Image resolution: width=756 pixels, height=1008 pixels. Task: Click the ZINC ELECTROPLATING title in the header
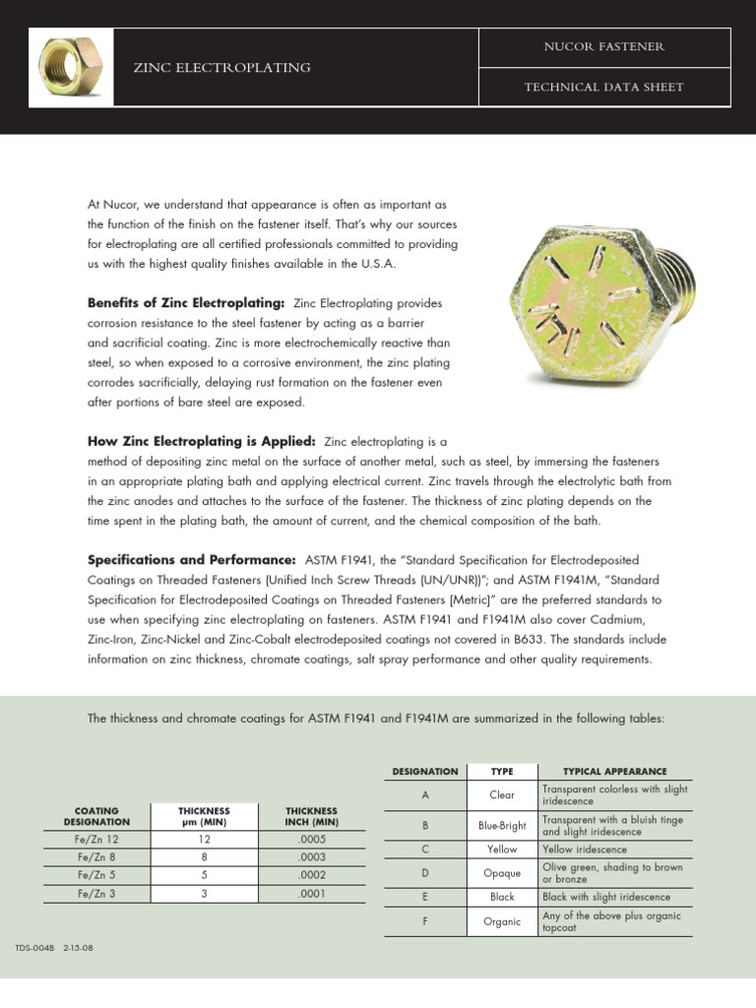coord(221,68)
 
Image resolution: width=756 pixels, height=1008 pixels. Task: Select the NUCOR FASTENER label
coord(604,47)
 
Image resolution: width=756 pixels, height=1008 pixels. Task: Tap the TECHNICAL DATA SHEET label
coord(604,87)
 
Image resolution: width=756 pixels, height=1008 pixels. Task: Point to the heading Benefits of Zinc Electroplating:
coord(186,302)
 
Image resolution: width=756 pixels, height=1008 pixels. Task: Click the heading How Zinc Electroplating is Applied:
coord(202,441)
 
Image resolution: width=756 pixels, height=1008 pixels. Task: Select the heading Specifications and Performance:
coord(192,559)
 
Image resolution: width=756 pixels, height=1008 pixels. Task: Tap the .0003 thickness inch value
coord(312,857)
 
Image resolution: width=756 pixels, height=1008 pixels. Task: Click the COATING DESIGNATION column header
coord(96,816)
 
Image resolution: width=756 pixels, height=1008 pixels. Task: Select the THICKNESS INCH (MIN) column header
coord(312,816)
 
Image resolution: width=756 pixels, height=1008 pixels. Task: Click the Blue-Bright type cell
coord(502,826)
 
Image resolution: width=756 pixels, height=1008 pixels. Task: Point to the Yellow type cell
coord(502,849)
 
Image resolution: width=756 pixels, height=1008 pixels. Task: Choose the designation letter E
coord(424,897)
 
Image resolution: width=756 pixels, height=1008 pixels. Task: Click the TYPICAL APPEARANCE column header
coord(614,772)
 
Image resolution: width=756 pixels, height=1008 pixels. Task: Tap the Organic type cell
coord(502,922)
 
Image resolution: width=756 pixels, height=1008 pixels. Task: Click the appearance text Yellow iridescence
coord(585,849)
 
